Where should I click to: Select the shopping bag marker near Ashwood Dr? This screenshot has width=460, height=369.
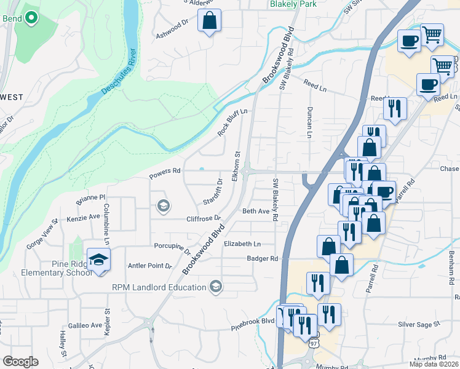209,20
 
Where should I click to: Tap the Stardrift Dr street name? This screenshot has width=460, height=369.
212,192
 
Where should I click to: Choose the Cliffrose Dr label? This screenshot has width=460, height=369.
204,218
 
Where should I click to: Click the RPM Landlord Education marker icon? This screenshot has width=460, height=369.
216,287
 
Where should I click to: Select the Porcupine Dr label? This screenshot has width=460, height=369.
173,248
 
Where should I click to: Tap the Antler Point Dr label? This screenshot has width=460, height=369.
149,266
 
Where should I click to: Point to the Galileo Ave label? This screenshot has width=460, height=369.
84,325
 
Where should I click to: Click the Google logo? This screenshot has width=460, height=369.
20,362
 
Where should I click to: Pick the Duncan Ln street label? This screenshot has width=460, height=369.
310,122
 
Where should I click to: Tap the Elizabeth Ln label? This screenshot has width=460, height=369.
242,244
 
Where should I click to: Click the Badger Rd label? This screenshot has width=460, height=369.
263,259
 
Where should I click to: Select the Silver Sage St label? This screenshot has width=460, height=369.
419,323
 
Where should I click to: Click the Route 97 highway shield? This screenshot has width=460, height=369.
315,342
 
